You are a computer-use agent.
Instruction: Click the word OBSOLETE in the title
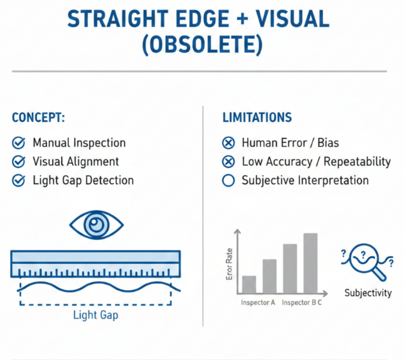click(202, 45)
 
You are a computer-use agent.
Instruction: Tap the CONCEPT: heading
click(38, 118)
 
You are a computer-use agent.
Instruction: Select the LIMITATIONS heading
click(257, 118)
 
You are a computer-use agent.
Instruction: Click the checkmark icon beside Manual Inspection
click(18, 143)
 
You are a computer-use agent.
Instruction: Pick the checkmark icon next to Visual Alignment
click(18, 162)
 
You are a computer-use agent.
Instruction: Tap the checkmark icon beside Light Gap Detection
click(18, 180)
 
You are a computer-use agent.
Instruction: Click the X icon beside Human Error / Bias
click(228, 143)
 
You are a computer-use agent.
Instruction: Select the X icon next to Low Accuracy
click(228, 162)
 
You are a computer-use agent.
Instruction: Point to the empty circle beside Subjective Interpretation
click(228, 180)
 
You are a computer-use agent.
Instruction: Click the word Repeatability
click(357, 162)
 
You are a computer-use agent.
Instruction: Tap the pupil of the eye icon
click(96, 224)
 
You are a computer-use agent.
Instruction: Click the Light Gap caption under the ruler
click(96, 315)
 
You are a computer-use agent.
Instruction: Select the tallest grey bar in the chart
click(311, 263)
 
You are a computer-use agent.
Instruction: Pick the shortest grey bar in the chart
click(249, 284)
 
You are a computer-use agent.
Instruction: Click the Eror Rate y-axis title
click(229, 264)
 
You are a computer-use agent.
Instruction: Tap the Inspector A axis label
click(258, 303)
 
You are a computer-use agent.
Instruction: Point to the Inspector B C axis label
click(302, 303)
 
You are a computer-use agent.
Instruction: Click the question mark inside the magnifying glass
click(363, 255)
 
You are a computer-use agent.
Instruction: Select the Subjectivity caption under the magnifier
click(368, 293)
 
